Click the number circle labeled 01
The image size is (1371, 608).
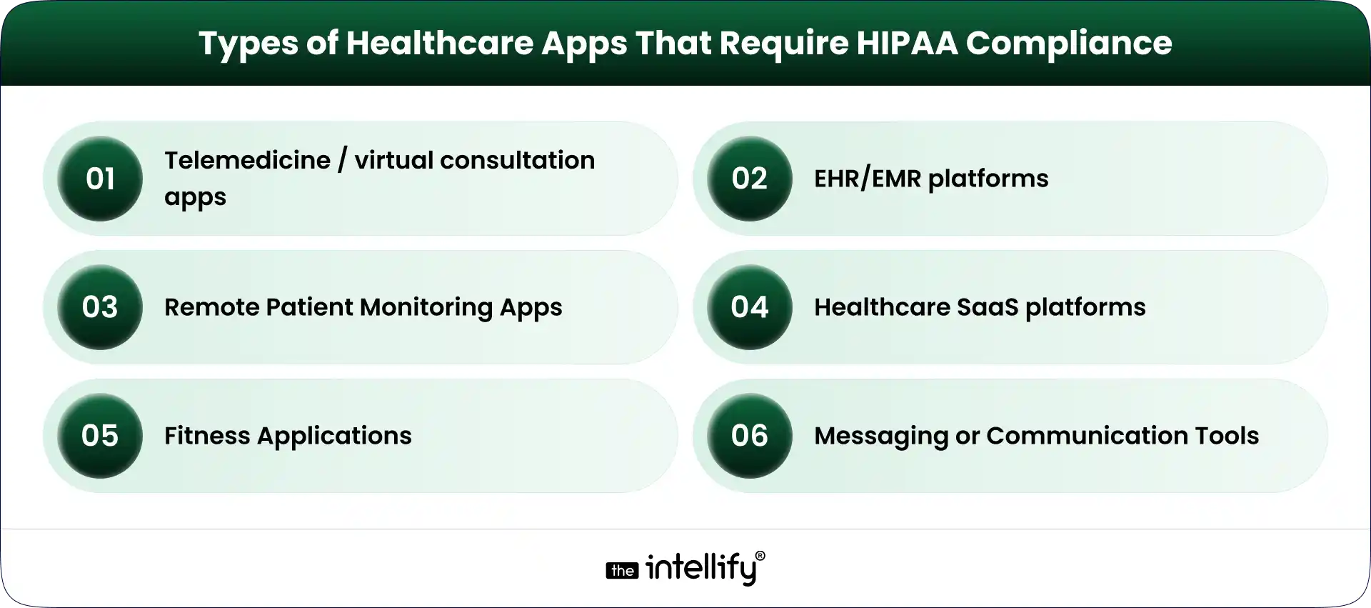pos(100,179)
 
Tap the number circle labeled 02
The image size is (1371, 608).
pos(749,179)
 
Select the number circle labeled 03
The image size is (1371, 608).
pos(100,307)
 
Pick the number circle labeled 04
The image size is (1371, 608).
pos(749,307)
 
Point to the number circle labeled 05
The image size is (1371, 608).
pos(100,436)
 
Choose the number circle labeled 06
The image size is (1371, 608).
pos(749,436)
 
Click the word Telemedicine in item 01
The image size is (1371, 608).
pos(247,161)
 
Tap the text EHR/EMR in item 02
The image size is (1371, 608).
pos(868,179)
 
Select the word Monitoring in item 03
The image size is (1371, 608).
pos(426,308)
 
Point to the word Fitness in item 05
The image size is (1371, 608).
pos(207,436)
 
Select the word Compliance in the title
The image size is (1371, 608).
pos(1069,44)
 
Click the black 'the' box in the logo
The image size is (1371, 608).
pos(622,571)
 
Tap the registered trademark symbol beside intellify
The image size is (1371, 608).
pos(760,556)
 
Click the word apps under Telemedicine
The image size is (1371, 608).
pos(195,198)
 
